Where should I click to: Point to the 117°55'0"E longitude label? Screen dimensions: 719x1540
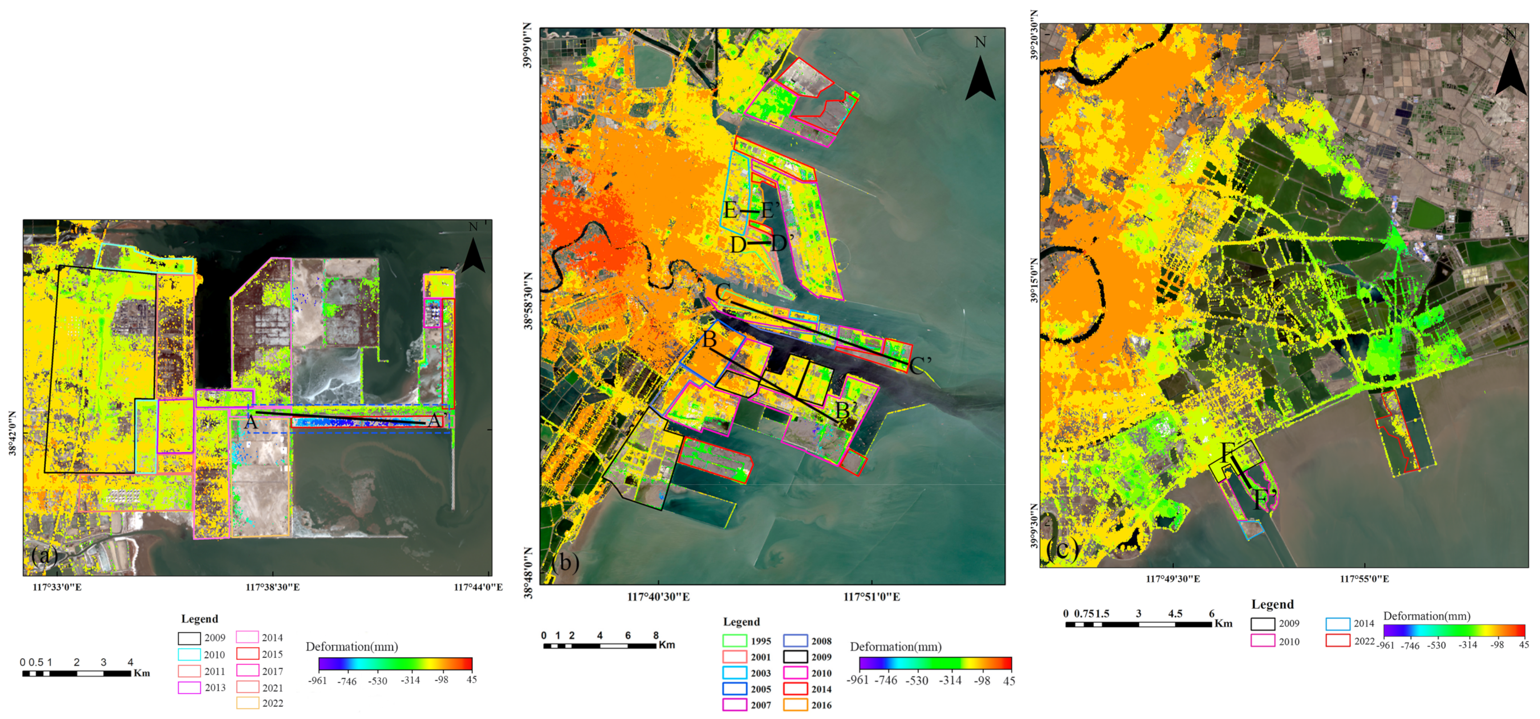(1364, 578)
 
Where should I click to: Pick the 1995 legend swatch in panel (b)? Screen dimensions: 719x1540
(735, 641)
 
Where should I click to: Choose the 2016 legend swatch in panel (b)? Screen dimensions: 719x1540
(795, 705)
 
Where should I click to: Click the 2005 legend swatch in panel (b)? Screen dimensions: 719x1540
(735, 688)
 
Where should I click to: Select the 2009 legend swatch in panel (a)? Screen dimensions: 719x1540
(189, 638)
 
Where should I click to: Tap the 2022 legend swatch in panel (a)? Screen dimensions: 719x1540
(248, 703)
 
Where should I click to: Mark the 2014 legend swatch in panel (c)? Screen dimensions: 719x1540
(1337, 623)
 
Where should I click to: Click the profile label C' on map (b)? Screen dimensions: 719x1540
(920, 365)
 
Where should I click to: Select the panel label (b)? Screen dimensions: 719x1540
(565, 562)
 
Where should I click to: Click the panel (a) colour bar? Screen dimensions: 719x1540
(395, 663)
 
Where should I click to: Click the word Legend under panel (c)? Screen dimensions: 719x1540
(1272, 604)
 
